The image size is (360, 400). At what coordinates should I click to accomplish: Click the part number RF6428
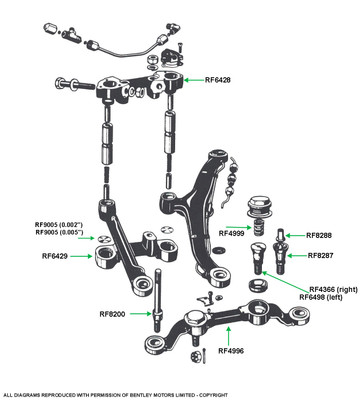click(x=217, y=80)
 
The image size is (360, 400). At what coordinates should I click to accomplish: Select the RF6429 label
click(x=55, y=256)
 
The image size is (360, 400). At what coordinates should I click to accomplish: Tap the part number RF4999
click(x=232, y=233)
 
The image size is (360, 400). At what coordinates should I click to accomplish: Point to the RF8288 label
click(x=319, y=235)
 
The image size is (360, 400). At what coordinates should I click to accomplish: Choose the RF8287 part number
click(x=320, y=256)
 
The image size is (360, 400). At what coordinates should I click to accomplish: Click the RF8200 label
click(x=112, y=314)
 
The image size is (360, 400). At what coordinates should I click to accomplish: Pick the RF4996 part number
click(x=231, y=351)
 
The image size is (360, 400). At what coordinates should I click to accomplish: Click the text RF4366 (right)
click(x=333, y=289)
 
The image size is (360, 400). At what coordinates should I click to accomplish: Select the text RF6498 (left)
click(x=321, y=297)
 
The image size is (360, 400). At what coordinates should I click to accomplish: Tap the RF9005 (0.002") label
click(x=59, y=225)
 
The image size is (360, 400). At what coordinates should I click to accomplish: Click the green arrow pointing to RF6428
click(x=193, y=80)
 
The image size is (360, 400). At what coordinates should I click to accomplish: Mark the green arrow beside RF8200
click(x=140, y=313)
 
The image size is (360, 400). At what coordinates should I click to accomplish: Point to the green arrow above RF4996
click(x=228, y=336)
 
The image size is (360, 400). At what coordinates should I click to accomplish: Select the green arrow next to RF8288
click(x=295, y=235)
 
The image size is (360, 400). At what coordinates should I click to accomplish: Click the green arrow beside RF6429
click(x=82, y=256)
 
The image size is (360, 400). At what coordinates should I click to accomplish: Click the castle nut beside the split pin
click(x=194, y=357)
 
